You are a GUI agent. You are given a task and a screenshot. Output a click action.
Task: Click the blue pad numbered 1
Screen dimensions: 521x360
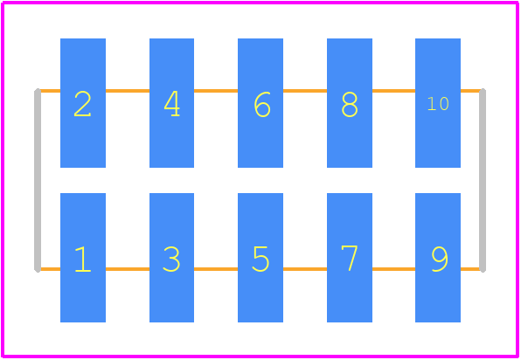coord(83,258)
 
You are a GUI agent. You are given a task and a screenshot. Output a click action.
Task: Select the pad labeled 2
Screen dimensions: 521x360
coord(83,103)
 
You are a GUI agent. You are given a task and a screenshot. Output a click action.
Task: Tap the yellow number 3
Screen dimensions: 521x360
coord(171,259)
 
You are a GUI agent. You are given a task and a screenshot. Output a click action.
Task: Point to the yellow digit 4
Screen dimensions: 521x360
coord(172,104)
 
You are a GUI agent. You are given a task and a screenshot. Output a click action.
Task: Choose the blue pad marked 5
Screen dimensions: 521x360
coord(260,258)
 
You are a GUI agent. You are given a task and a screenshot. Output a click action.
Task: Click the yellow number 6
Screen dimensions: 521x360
coord(262,104)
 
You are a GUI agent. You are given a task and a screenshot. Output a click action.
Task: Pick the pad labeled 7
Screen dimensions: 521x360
coord(350,258)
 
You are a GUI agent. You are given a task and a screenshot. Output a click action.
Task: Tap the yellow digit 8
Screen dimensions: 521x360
coord(350,104)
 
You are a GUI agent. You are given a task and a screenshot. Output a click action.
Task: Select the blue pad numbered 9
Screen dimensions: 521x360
coord(438,258)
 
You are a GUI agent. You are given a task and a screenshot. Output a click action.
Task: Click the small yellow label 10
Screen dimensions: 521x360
coord(438,104)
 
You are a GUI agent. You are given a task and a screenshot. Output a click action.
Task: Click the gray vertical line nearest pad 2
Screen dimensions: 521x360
coord(38,180)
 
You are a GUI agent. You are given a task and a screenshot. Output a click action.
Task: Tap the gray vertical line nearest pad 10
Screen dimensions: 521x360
coord(483,180)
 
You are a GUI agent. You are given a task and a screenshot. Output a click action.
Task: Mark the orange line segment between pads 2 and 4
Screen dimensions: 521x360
coord(128,91)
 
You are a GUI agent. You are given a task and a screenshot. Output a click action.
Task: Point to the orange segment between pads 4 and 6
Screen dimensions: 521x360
coord(216,91)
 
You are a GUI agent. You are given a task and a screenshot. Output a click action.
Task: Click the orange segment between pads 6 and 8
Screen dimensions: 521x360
coord(305,91)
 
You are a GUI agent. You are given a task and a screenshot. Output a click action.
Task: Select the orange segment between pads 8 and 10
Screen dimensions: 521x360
coord(393,91)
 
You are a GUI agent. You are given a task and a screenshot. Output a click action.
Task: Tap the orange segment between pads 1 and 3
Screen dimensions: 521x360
coord(128,269)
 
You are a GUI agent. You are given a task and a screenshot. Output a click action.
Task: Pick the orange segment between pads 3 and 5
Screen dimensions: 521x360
coord(216,269)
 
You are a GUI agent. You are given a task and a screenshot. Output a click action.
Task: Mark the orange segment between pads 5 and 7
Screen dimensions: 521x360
coord(305,269)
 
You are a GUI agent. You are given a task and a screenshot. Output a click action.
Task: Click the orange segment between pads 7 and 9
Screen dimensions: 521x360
coord(393,269)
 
